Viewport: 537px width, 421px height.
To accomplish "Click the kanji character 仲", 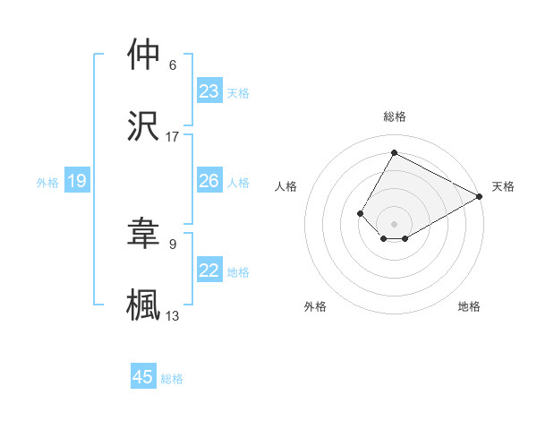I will (143, 55).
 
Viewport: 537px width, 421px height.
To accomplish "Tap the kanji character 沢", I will (143, 126).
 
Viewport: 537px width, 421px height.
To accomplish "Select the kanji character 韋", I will (143, 232).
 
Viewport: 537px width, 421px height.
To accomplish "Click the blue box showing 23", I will (209, 91).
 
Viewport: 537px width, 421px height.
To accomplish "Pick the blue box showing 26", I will (209, 181).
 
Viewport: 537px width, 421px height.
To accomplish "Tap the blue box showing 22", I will (209, 271).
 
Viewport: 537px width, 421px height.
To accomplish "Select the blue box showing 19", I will (77, 182).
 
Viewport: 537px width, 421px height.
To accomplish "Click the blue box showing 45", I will (143, 377).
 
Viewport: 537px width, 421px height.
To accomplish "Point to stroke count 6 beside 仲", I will (173, 65).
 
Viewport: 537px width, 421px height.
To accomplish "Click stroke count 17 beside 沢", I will (173, 137).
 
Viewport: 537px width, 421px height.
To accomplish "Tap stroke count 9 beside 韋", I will (173, 243).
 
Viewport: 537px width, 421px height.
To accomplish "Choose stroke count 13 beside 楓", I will (173, 315).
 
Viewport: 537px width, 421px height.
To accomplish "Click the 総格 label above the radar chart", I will (394, 116).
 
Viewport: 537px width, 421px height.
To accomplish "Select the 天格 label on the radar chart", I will (503, 186).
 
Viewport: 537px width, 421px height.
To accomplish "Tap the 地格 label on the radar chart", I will (469, 306).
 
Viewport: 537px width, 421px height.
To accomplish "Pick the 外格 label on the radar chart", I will (315, 306).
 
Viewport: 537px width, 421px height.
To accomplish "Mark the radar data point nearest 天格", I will (480, 196).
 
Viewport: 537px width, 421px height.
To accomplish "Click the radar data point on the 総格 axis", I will (394, 152).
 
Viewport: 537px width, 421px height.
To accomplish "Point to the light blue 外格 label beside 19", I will (47, 183).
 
